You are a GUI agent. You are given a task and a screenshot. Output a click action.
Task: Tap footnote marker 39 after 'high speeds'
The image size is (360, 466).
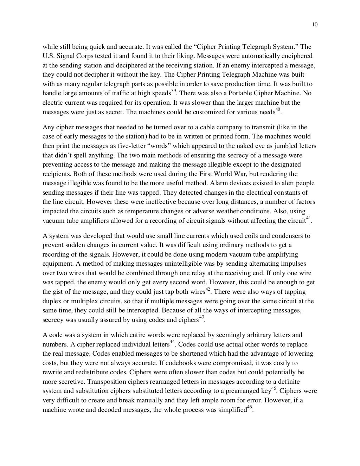(x=173, y=91)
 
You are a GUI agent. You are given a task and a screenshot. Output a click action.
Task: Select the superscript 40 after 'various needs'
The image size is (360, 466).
(x=278, y=110)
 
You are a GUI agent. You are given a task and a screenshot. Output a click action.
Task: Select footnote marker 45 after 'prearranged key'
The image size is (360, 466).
(x=274, y=389)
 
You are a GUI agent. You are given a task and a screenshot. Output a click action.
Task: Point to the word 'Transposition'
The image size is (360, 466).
(x=105, y=382)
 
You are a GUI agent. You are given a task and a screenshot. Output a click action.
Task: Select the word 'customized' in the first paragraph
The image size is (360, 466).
(x=211, y=112)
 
